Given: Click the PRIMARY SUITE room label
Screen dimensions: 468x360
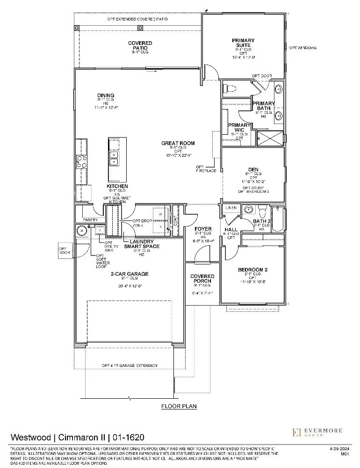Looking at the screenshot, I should pyautogui.click(x=243, y=43).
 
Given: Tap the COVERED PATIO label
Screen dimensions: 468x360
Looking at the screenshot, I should pyautogui.click(x=140, y=45).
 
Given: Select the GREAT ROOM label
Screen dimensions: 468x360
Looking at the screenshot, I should pyautogui.click(x=178, y=143).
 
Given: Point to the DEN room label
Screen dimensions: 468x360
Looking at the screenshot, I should pyautogui.click(x=253, y=169).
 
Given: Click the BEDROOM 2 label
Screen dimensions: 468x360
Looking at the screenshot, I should pyautogui.click(x=252, y=270).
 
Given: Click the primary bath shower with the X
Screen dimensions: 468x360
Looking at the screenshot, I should pyautogui.click(x=270, y=139).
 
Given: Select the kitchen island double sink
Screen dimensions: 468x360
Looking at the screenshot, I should pyautogui.click(x=114, y=159).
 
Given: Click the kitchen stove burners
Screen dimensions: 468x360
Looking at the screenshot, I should pyautogui.click(x=81, y=161).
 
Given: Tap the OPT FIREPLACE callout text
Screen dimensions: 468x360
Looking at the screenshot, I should pyautogui.click(x=205, y=169).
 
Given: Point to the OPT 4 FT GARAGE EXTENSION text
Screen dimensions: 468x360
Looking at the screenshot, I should pyautogui.click(x=130, y=366).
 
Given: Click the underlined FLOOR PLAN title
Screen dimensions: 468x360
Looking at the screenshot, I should pyautogui.click(x=179, y=406).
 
